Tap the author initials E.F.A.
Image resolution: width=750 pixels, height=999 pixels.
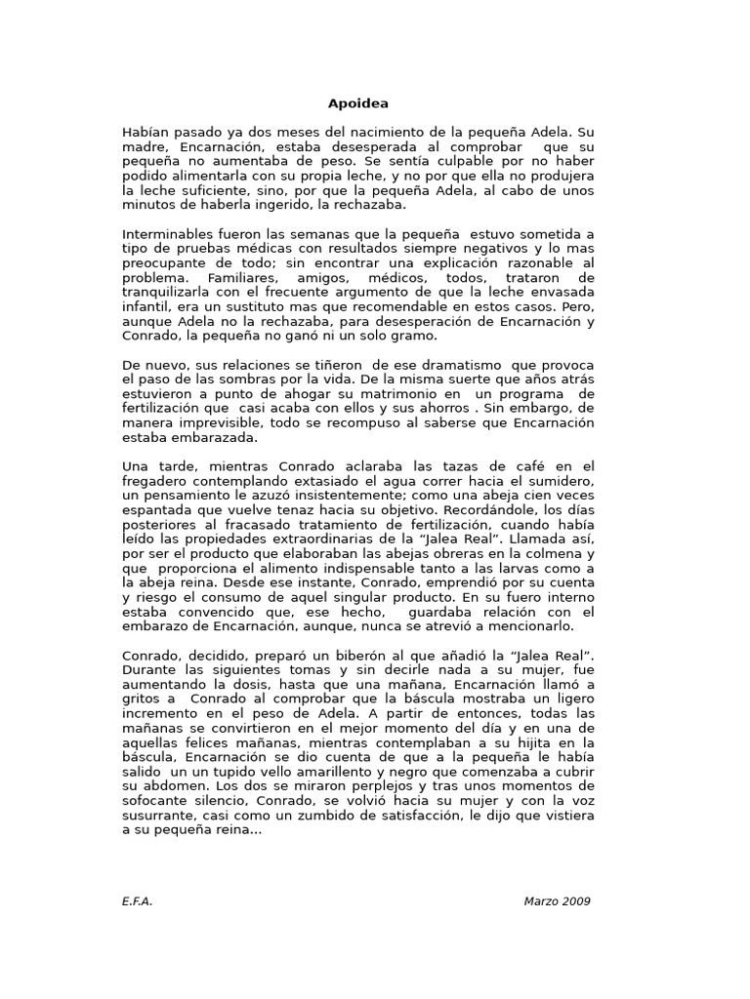[138, 900]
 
